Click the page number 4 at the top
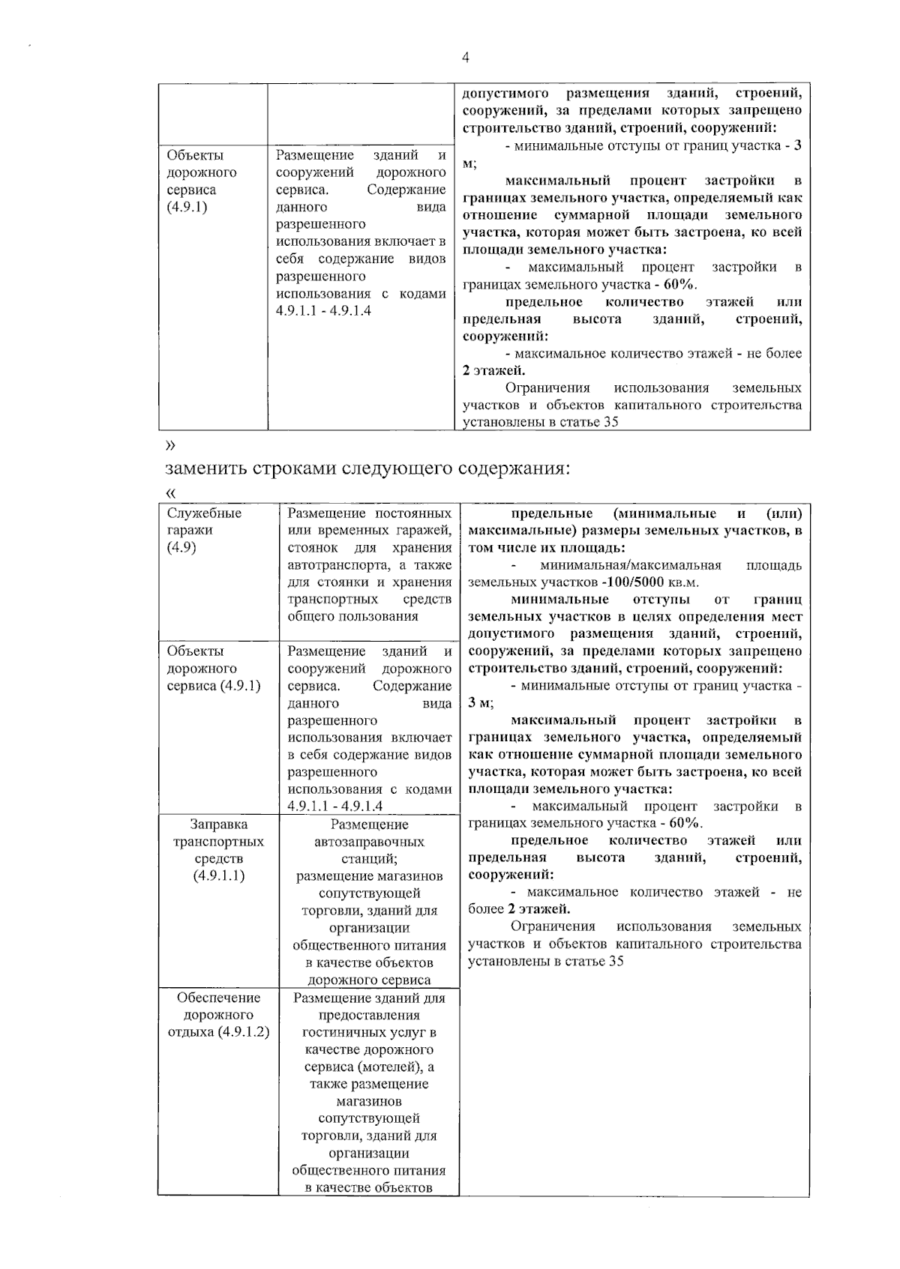point(465,58)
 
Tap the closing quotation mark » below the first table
point(170,445)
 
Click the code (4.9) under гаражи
point(181,547)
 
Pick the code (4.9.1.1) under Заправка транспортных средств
point(218,876)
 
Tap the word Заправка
point(219,825)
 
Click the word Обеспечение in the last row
point(219,998)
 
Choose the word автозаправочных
point(369,842)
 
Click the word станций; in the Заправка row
point(369,859)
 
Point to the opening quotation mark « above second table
point(170,493)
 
